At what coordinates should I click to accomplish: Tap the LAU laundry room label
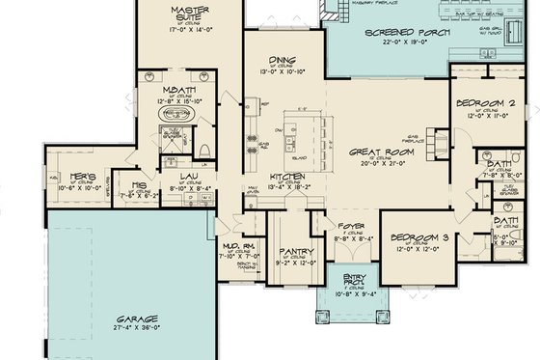(x=189, y=177)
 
